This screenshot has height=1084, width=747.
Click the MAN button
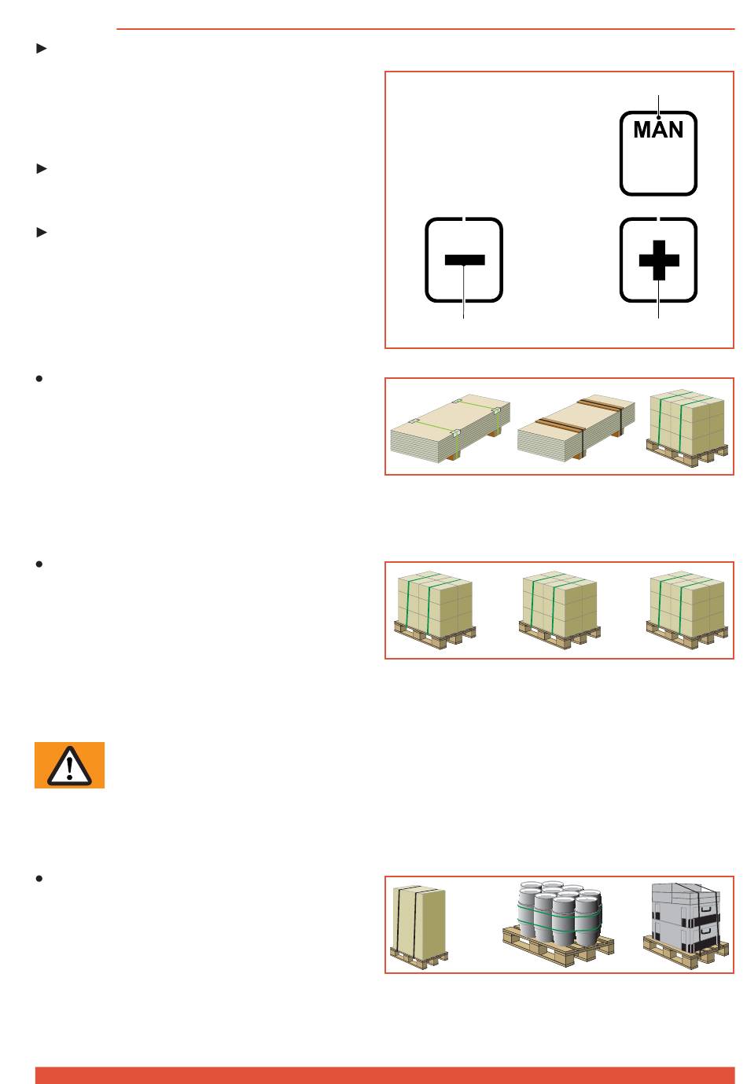658,153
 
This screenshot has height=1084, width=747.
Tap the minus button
464,260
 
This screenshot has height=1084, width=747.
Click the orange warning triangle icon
69,765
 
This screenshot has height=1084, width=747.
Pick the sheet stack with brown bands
576,425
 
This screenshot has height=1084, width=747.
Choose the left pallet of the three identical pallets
434,609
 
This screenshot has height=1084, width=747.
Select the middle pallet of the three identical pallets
560,609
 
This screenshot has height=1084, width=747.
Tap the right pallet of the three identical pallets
686,609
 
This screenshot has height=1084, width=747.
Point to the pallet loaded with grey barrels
559,924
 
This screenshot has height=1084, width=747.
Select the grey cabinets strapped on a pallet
686,924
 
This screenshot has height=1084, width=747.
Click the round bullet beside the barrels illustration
39,878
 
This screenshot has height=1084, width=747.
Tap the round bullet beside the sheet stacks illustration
39,379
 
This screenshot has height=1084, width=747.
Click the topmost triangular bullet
42,49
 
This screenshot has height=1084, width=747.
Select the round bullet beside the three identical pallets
39,564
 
